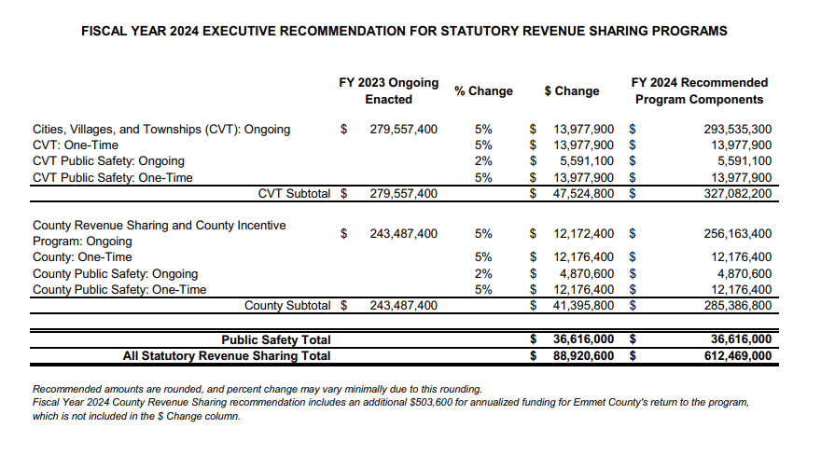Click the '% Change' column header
pyautogui.click(x=483, y=91)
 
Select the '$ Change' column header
pyautogui.click(x=571, y=91)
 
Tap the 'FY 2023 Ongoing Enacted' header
pyautogui.click(x=388, y=90)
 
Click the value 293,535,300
pyautogui.click(x=737, y=129)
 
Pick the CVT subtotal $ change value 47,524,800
pyautogui.click(x=583, y=194)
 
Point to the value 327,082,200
pyautogui.click(x=737, y=194)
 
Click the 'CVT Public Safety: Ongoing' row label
pyautogui.click(x=108, y=161)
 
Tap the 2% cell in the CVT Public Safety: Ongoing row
pyautogui.click(x=483, y=161)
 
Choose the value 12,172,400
pyautogui.click(x=583, y=233)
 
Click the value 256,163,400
pyautogui.click(x=737, y=233)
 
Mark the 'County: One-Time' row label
pyautogui.click(x=82, y=257)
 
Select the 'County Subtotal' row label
pyautogui.click(x=287, y=306)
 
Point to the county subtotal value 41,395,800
pyautogui.click(x=583, y=306)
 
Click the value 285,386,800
pyautogui.click(x=737, y=306)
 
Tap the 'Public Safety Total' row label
pyautogui.click(x=275, y=340)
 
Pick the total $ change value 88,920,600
pyautogui.click(x=583, y=355)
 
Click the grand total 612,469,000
pyautogui.click(x=737, y=355)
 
